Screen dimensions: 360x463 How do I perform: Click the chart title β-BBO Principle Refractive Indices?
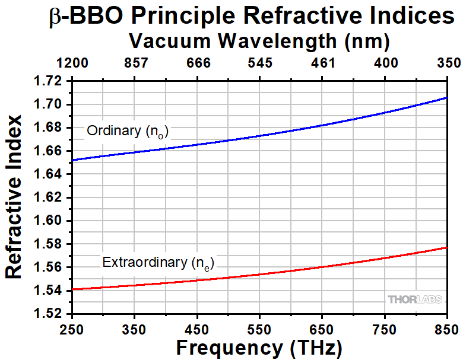250,17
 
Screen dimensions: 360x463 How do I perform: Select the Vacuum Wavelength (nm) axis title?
259,41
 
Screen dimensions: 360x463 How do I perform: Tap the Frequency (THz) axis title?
259,347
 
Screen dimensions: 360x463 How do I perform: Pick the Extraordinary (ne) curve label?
157,262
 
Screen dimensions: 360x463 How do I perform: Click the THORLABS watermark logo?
415,300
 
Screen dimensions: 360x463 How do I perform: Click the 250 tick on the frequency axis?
71,328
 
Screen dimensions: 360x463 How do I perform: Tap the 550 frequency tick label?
259,328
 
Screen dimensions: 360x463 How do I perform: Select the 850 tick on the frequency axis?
446,328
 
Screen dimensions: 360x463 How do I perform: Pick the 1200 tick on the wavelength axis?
71,63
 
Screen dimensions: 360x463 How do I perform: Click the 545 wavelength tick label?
259,63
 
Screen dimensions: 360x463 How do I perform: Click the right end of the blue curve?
446,97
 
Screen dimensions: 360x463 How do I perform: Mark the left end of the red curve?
72,289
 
